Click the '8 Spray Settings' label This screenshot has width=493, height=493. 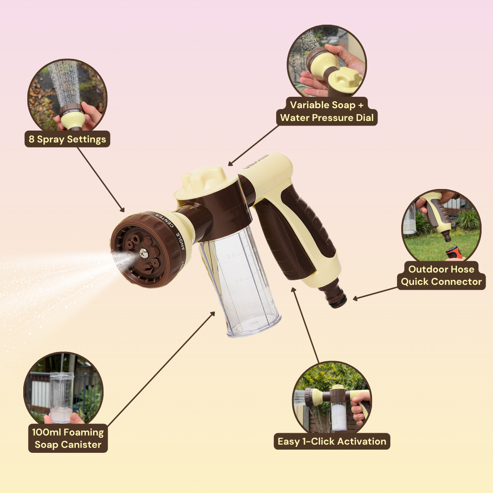pos(67,139)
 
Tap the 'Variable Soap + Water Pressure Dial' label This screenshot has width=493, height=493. pos(327,111)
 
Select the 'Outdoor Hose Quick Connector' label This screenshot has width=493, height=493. pos(441,275)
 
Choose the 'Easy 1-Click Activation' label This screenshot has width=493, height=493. pos(332,441)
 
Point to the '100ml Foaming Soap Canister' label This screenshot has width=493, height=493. pos(68,438)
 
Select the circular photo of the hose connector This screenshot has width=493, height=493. pos(441,226)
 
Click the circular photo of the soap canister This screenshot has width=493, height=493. pos(63,391)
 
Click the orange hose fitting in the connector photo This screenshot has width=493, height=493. pos(453,252)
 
